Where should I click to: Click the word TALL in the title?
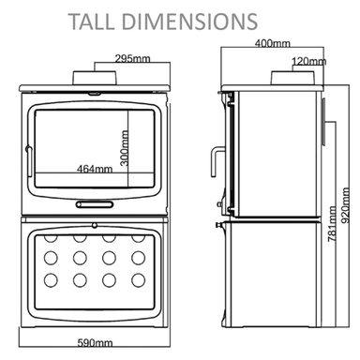point(91,22)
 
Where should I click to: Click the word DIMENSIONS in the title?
point(189,22)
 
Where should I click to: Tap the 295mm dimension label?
point(132,58)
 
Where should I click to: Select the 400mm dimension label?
point(273,43)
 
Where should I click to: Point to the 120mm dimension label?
point(309,61)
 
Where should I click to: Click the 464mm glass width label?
point(95,169)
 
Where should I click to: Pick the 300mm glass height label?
point(124,148)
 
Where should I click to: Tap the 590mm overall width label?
point(95,343)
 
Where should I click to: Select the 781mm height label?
point(332,224)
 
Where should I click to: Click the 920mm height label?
point(345,205)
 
